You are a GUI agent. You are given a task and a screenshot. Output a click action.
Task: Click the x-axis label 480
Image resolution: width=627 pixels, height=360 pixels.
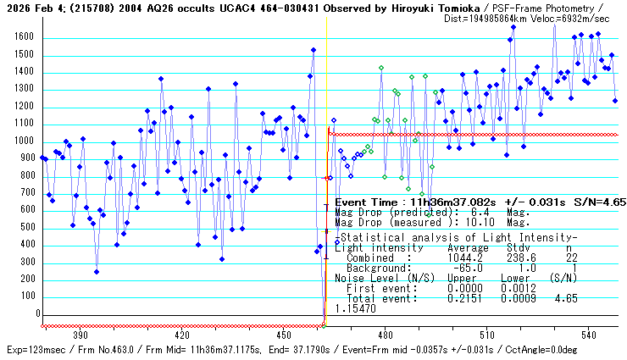pos(384,335)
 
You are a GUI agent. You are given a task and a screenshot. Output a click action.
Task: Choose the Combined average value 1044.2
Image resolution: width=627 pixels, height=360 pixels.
pos(463,258)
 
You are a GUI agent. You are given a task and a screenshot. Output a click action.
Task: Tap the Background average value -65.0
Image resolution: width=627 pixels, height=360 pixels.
pos(465,268)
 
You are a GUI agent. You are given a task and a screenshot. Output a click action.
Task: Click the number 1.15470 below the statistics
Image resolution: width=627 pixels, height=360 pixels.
pos(357,310)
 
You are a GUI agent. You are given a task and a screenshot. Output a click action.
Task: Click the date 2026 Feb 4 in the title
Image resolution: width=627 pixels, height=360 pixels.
pos(31,8)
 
